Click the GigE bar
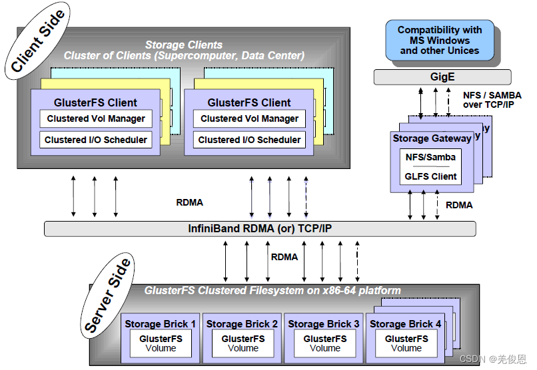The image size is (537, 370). [442, 77]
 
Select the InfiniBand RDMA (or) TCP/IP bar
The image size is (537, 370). [260, 228]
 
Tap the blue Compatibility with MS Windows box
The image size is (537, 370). [439, 40]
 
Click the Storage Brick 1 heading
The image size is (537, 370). [161, 324]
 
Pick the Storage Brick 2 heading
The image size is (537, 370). [243, 324]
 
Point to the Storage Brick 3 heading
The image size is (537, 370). [324, 324]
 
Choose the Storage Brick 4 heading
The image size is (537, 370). [405, 324]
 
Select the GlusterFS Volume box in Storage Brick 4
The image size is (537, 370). [406, 343]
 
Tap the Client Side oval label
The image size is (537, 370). [38, 41]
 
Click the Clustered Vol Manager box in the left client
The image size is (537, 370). [96, 119]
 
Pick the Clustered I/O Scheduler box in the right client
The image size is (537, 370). [250, 140]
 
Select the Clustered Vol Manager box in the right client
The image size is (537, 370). [250, 119]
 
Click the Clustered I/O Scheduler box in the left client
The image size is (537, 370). [96, 140]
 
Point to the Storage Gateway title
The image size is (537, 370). [432, 138]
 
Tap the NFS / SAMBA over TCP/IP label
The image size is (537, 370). [492, 100]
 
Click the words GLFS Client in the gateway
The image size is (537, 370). [431, 176]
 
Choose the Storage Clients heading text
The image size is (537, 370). [184, 45]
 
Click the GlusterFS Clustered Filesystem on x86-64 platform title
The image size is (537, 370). [272, 290]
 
